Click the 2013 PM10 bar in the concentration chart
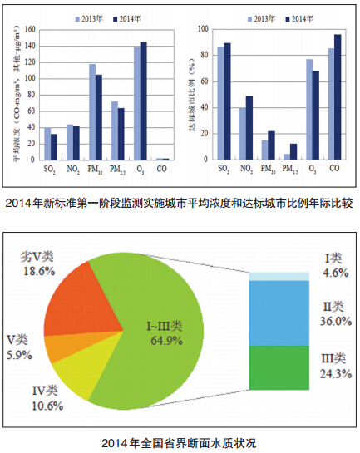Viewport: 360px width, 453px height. pyautogui.click(x=92, y=112)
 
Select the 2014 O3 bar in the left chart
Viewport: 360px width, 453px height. pyautogui.click(x=144, y=101)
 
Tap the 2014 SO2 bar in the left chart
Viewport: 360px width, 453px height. pyautogui.click(x=54, y=147)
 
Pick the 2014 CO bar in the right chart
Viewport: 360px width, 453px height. pyautogui.click(x=338, y=97)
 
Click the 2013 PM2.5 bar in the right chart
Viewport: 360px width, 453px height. pyautogui.click(x=287, y=156)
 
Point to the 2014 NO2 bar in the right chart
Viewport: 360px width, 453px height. pyautogui.click(x=249, y=128)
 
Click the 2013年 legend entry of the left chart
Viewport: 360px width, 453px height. pyautogui.click(x=89, y=19)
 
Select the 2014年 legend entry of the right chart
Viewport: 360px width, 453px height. pyautogui.click(x=299, y=19)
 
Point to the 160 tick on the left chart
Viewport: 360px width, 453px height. pyautogui.click(x=30, y=29)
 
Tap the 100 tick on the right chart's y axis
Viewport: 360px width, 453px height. pyautogui.click(x=203, y=29)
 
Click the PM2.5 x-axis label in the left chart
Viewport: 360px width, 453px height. pyautogui.click(x=117, y=170)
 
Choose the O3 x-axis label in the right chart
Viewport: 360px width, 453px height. pyautogui.click(x=313, y=169)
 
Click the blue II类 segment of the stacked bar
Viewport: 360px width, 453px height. pyautogui.click(x=279, y=313)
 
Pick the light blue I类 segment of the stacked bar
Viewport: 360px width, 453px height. pyautogui.click(x=279, y=277)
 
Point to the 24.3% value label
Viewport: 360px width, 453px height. pyautogui.click(x=336, y=374)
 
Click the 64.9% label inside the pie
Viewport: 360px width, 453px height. pyautogui.click(x=167, y=341)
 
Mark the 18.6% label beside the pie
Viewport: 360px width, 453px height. pyautogui.click(x=39, y=271)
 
